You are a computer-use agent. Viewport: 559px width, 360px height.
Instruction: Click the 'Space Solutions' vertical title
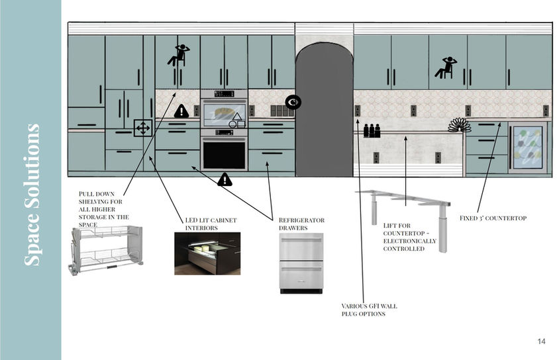32,195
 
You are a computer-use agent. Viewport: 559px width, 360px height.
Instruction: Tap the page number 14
541,341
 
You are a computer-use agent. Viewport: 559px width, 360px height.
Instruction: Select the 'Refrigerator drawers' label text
301,224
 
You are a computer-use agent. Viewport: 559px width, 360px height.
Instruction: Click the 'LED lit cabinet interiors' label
211,224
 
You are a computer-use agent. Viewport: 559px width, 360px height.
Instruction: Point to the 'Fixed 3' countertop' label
493,218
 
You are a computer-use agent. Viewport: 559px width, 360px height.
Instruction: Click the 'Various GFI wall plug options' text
369,310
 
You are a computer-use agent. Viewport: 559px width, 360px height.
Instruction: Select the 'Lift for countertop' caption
409,237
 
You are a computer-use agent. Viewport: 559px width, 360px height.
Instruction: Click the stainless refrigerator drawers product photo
301,263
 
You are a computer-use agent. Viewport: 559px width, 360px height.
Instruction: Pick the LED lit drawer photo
207,253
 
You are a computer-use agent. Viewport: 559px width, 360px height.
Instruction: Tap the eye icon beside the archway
293,102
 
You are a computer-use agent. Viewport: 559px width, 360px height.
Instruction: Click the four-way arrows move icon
143,128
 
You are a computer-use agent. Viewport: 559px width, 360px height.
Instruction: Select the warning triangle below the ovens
225,179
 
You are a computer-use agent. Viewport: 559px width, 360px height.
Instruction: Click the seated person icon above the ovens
178,55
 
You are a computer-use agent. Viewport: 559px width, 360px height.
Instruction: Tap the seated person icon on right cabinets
445,67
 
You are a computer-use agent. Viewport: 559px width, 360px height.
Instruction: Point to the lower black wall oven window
224,154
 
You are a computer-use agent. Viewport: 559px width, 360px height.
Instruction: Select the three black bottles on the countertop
372,130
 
